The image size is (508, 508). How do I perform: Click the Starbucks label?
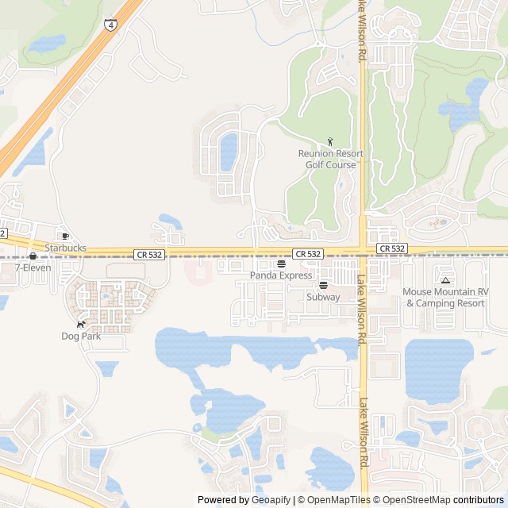(65, 248)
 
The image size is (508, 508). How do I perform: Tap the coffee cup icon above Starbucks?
(65, 236)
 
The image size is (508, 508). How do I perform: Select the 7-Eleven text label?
(33, 268)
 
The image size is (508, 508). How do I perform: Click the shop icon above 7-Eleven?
(33, 256)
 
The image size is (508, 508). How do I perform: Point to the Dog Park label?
(81, 336)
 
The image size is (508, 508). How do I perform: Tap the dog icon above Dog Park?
(81, 324)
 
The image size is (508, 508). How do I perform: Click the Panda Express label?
(281, 275)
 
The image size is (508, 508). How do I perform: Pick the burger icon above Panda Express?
(281, 264)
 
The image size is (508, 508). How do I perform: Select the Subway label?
(323, 297)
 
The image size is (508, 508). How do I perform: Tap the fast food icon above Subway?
(323, 285)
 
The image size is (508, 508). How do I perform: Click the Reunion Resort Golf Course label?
(330, 160)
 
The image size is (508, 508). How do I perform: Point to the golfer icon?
(330, 141)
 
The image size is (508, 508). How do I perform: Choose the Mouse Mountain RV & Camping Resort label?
(445, 298)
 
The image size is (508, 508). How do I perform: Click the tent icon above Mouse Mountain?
(445, 281)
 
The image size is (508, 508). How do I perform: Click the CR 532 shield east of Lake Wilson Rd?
(392, 248)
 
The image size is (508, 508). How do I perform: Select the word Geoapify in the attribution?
(271, 500)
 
